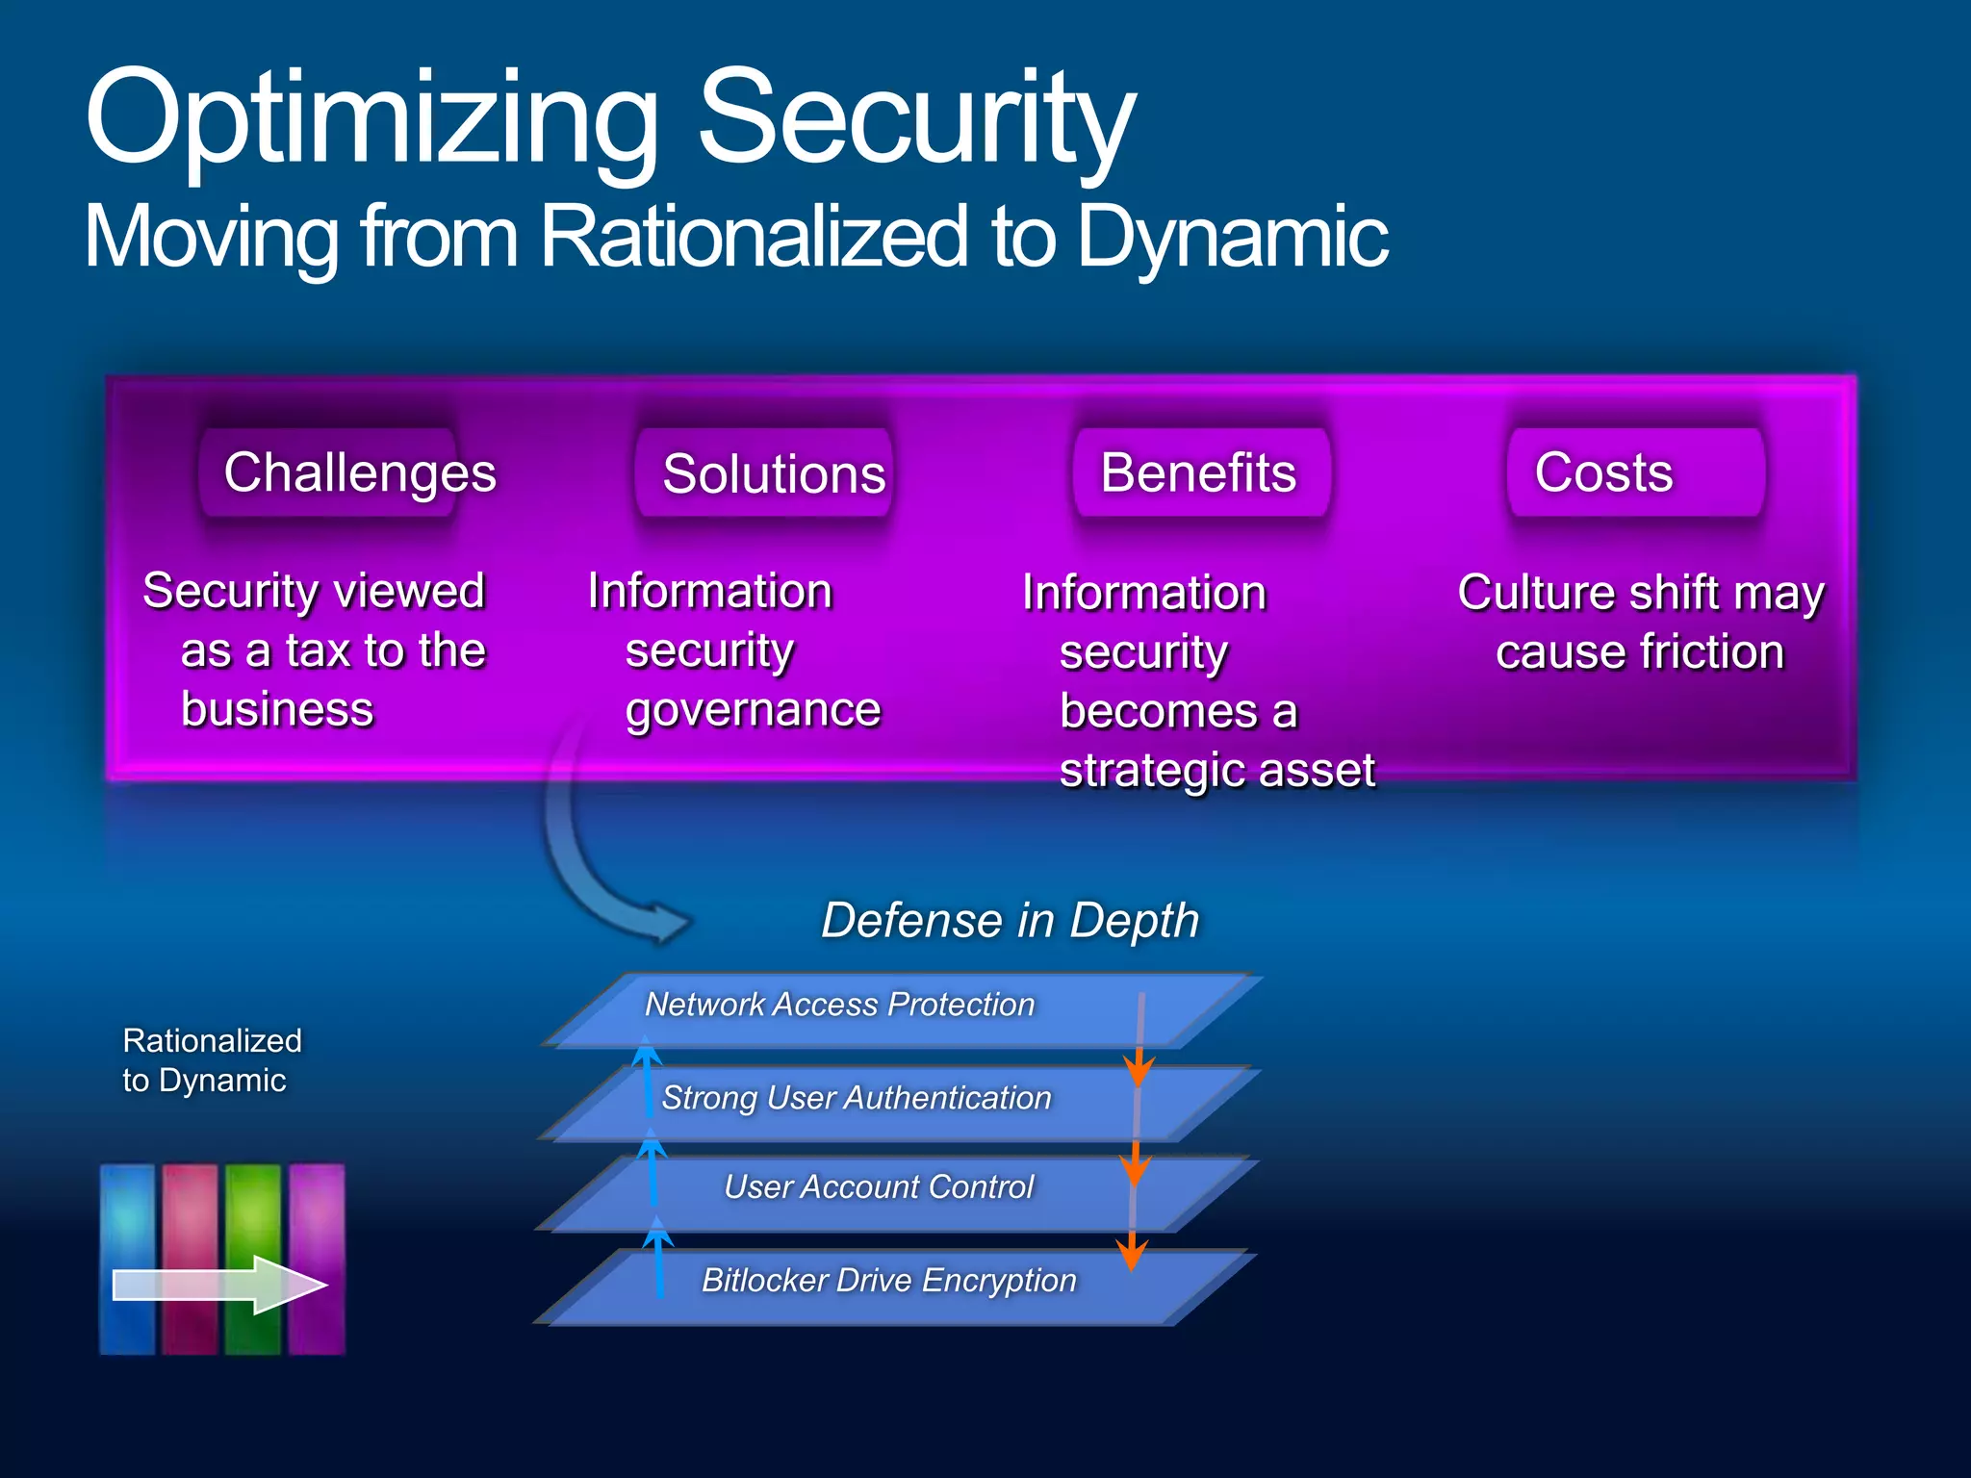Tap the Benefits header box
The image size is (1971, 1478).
(x=1199, y=472)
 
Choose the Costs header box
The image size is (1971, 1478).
(x=1635, y=472)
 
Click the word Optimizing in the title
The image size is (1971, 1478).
(x=371, y=120)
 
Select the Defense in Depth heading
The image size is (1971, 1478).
(x=1010, y=920)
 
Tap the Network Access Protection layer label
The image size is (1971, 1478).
(x=839, y=1005)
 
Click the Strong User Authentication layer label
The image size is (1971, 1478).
(x=857, y=1098)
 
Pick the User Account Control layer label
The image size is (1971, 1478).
(x=878, y=1187)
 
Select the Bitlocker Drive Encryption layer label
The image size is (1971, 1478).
(x=888, y=1281)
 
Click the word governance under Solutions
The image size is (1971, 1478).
(x=753, y=711)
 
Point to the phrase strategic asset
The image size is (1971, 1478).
(x=1216, y=771)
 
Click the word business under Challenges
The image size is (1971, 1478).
(x=277, y=710)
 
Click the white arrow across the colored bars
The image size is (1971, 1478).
(x=219, y=1285)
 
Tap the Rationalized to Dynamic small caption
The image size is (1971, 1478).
(x=212, y=1060)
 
